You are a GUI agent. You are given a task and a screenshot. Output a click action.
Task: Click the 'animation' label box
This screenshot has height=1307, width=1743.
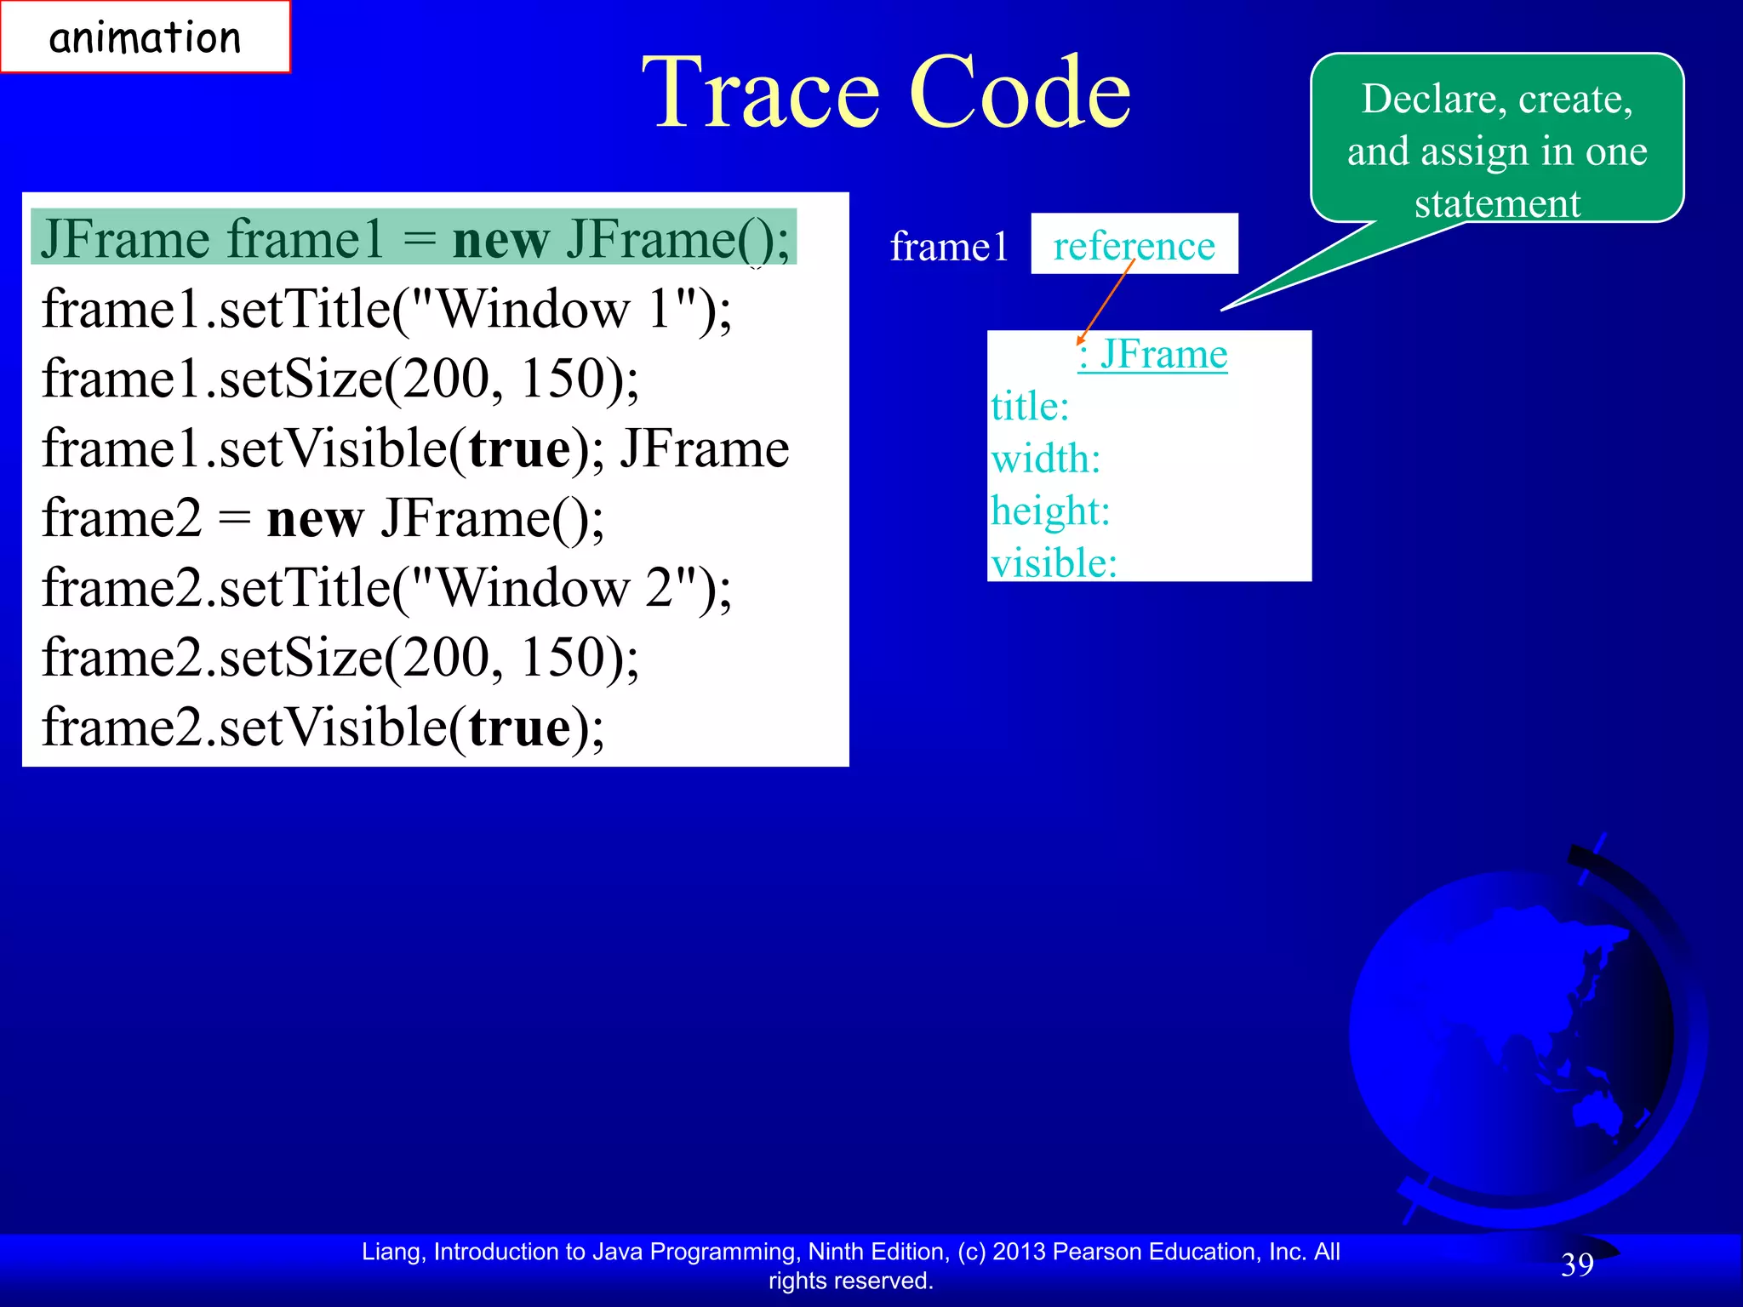click(145, 37)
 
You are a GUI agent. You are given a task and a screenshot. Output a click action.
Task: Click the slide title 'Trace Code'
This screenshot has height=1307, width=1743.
click(886, 92)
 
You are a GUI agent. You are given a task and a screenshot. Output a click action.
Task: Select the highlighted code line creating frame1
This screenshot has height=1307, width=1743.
click(414, 238)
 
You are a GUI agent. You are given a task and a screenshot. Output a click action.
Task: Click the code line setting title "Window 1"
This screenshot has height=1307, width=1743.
click(386, 308)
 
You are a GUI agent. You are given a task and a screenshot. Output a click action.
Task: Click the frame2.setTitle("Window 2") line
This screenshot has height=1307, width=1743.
click(386, 588)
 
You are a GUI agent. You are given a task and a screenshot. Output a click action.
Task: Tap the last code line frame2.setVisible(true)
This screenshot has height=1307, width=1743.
click(323, 728)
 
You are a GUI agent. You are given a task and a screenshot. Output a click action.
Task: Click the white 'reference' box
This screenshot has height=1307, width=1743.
click(1134, 245)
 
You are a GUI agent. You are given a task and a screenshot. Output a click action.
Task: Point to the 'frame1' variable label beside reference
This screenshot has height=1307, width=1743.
click(949, 247)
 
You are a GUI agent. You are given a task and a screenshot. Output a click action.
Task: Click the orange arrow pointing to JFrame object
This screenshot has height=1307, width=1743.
click(1106, 302)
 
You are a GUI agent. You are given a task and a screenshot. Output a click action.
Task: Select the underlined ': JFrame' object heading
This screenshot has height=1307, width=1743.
click(1152, 354)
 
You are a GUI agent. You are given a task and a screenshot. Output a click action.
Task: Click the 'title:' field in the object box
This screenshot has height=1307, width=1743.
click(1030, 407)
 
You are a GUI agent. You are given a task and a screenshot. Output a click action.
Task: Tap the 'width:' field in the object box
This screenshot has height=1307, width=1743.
click(1046, 459)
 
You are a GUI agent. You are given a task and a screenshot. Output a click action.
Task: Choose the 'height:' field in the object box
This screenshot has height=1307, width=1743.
click(1050, 511)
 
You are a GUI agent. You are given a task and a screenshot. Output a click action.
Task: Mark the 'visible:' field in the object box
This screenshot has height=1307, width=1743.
click(1054, 563)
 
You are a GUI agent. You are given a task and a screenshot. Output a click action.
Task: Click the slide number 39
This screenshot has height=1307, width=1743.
click(1577, 1264)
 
